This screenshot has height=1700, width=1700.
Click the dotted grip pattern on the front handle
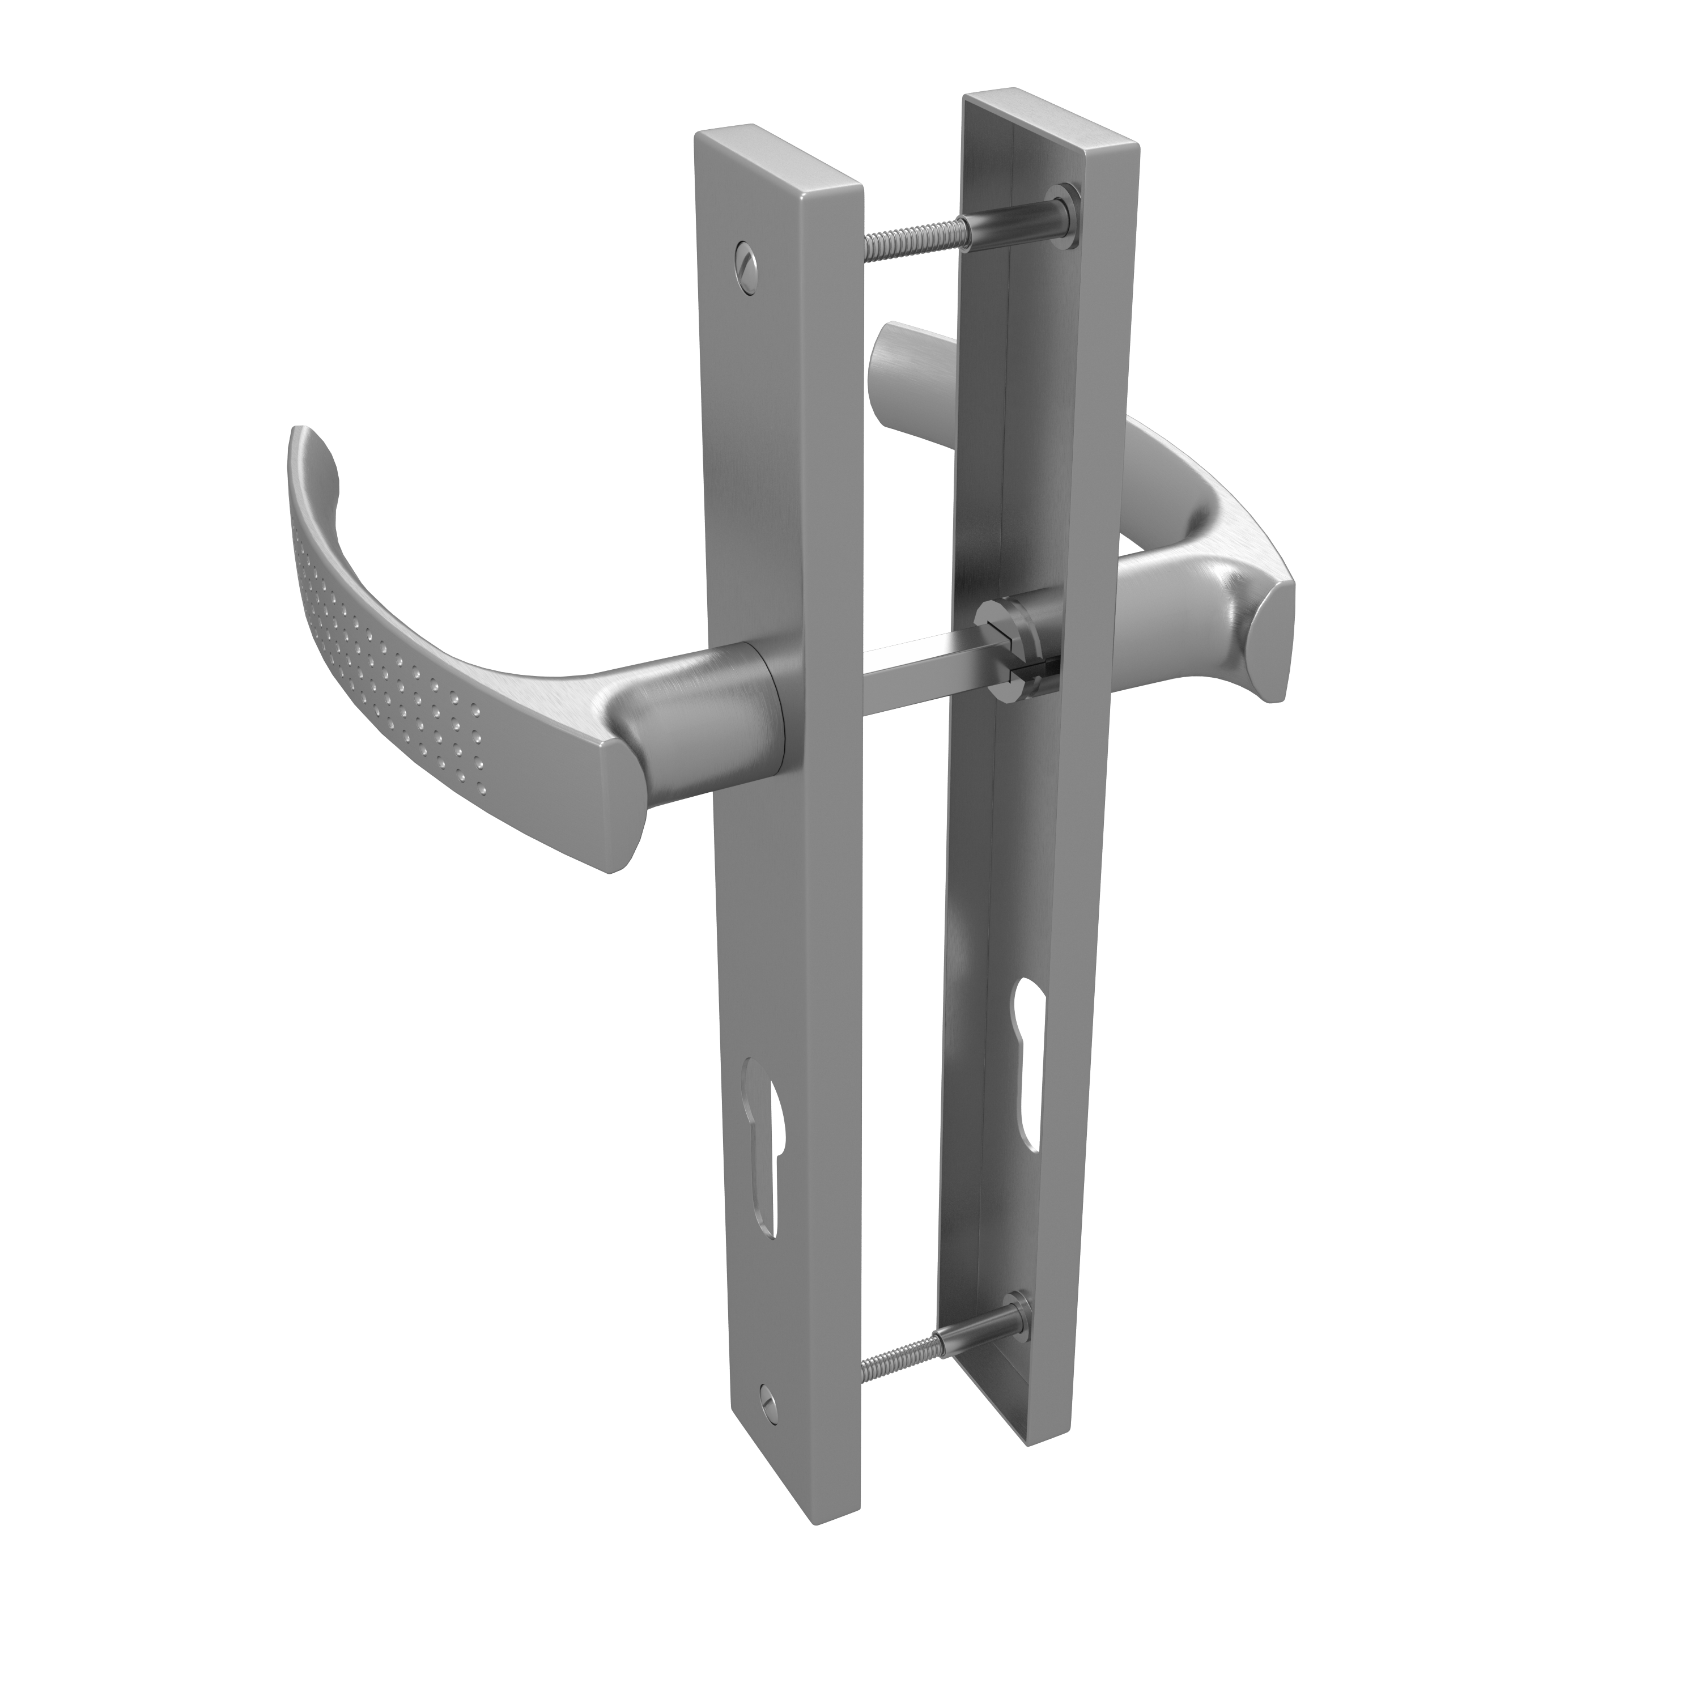click(x=387, y=651)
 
